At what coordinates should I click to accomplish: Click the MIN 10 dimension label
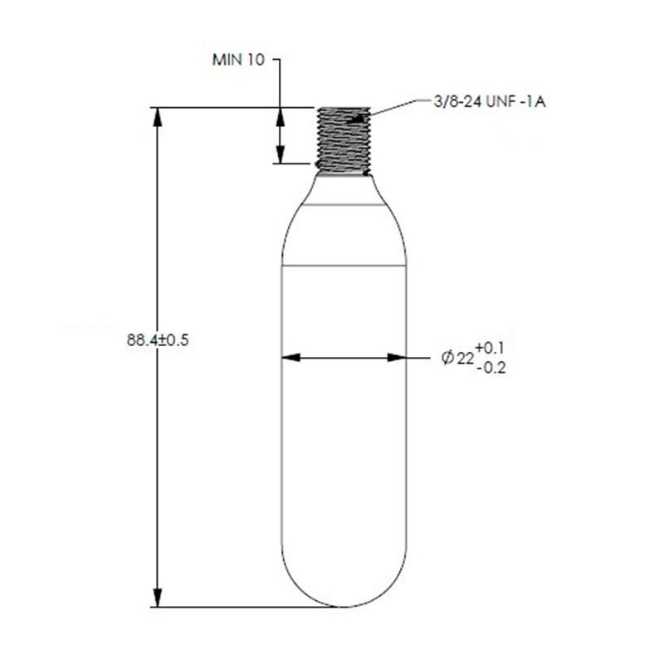[x=239, y=61]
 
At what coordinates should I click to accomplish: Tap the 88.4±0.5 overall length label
[x=159, y=339]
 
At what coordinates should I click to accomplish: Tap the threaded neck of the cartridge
[x=343, y=138]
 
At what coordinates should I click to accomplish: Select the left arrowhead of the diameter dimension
[x=290, y=358]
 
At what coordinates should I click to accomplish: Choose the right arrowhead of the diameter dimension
[x=398, y=358]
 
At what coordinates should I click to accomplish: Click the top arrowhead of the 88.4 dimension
[x=159, y=115]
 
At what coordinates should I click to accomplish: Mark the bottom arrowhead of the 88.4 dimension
[x=159, y=598]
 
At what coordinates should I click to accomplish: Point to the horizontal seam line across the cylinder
[x=344, y=265]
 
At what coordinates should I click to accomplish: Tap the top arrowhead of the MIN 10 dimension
[x=280, y=115]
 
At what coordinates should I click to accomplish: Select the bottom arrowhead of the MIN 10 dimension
[x=280, y=155]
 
